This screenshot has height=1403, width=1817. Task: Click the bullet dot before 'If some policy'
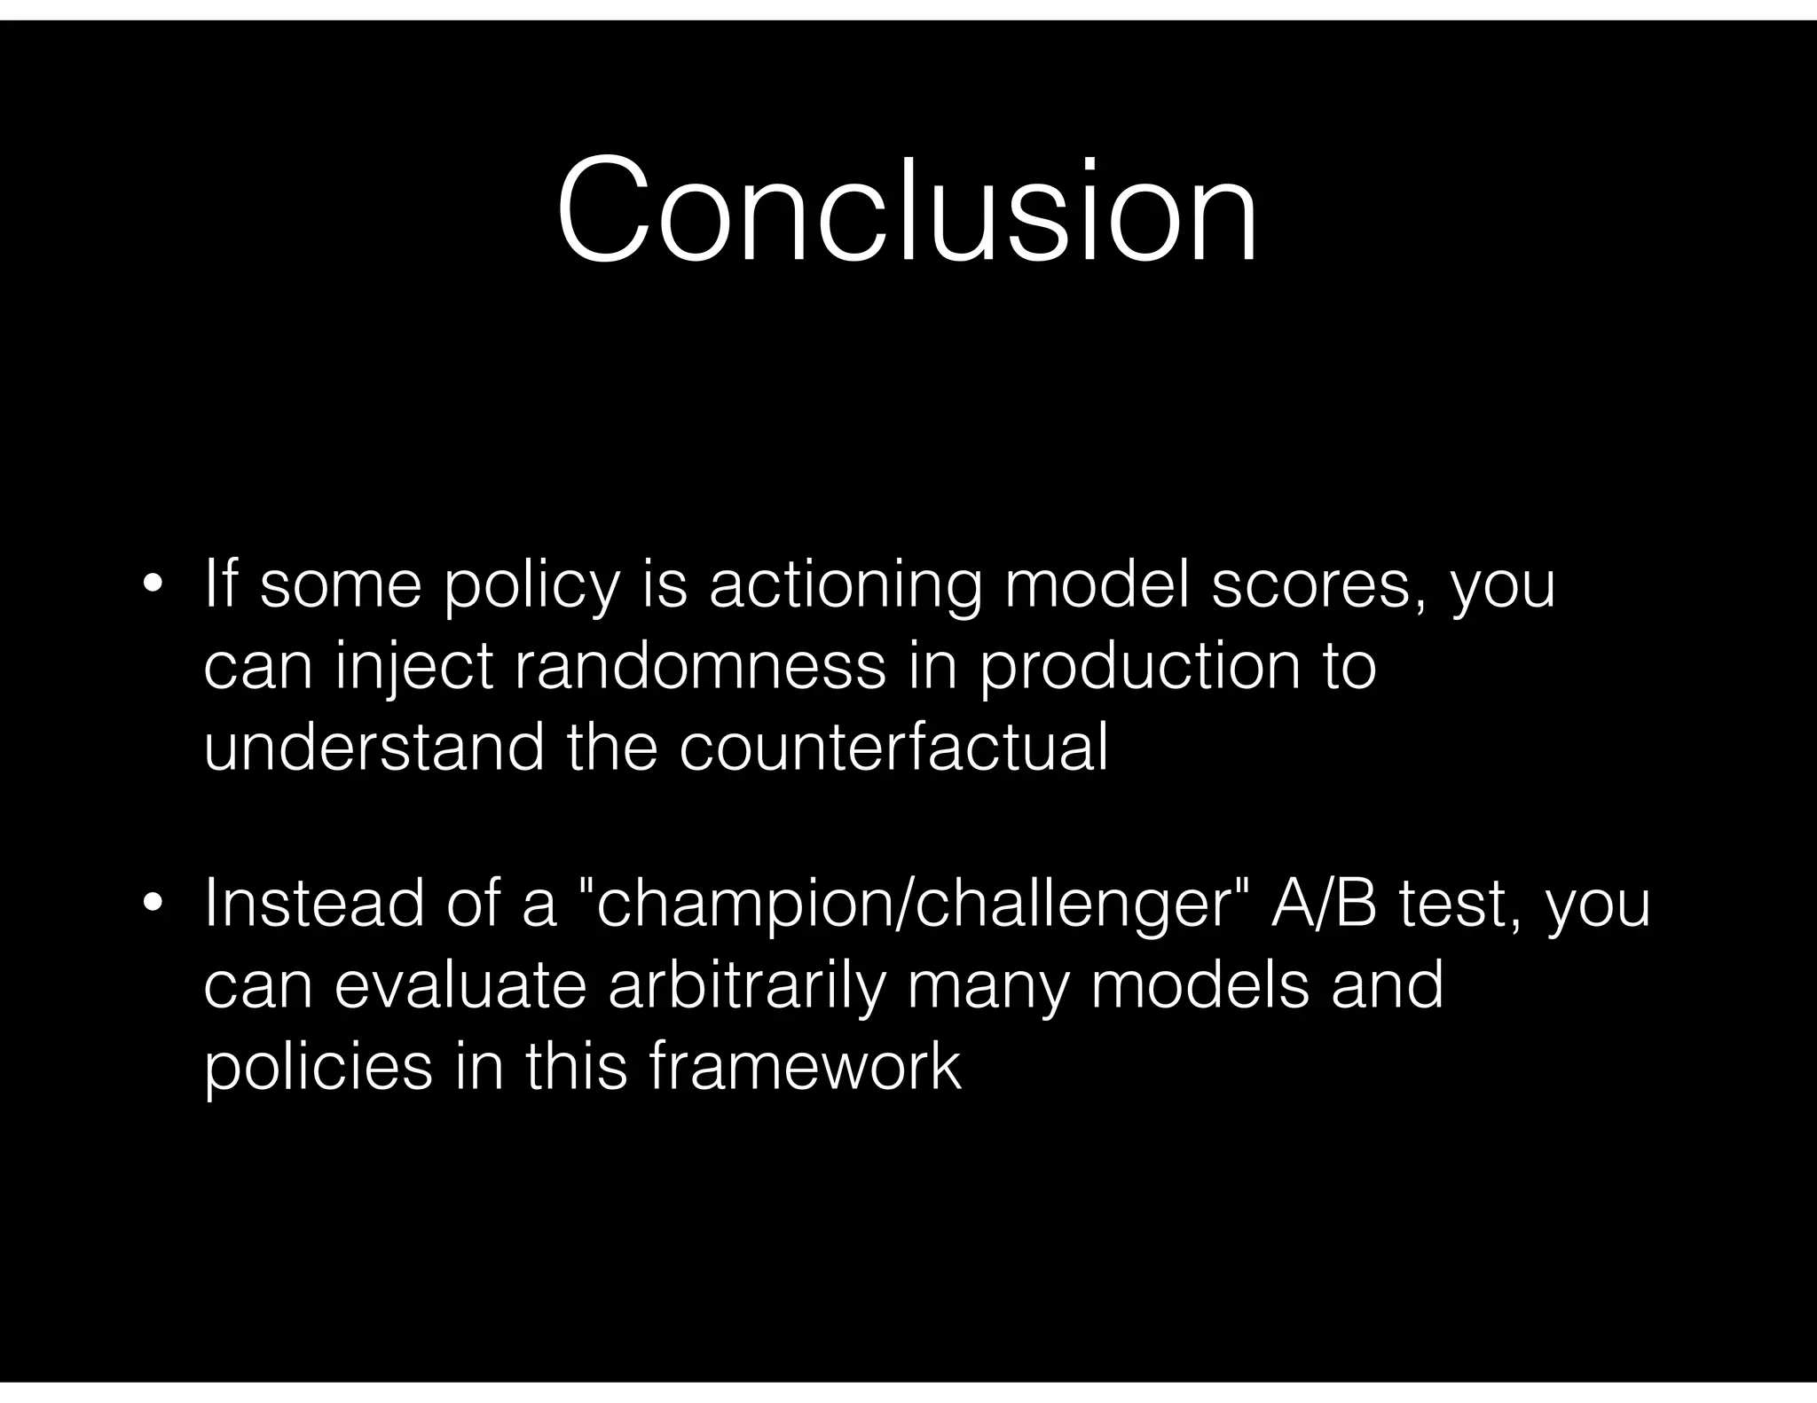tap(153, 585)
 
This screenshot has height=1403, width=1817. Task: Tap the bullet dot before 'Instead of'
tap(153, 904)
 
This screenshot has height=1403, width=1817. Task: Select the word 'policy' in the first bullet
tap(530, 587)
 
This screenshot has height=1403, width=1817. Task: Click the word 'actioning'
tap(845, 587)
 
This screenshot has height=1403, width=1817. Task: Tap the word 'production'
tap(1139, 667)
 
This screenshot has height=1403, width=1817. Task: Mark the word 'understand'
tap(374, 747)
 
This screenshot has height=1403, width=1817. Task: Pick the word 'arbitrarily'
tap(748, 986)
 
